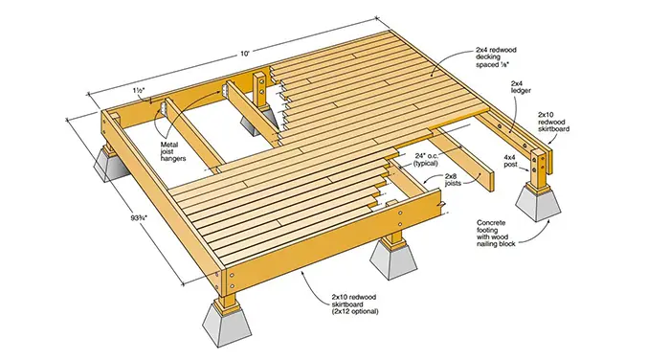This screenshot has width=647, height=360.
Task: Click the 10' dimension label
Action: [246, 54]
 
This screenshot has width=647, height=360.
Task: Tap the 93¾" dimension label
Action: [139, 217]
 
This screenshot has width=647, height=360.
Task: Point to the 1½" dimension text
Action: [139, 90]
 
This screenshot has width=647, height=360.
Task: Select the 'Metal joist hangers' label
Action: [173, 151]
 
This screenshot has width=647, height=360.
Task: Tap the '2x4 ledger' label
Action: [521, 87]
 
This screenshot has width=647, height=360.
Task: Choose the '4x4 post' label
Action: [510, 161]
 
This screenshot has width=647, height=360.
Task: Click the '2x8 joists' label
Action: [453, 180]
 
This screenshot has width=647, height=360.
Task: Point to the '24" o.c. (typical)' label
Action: [425, 159]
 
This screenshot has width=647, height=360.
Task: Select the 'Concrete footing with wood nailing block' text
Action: [496, 234]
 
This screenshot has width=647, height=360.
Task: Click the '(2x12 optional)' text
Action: [355, 312]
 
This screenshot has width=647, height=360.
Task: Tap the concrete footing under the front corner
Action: [227, 324]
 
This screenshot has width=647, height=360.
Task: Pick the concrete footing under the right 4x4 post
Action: [538, 202]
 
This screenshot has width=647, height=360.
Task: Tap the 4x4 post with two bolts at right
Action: [539, 170]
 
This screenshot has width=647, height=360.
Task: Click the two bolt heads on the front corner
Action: [232, 281]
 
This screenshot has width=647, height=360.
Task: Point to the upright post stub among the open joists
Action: [260, 93]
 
